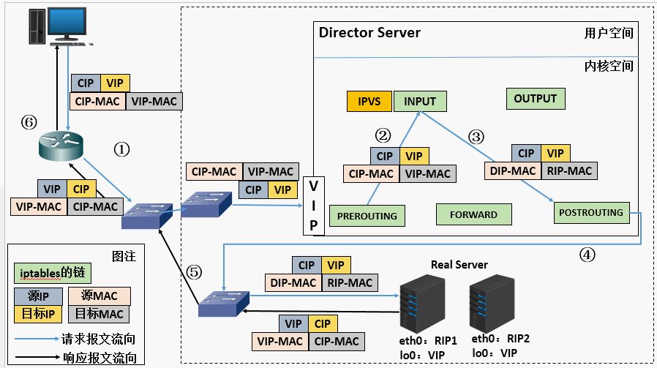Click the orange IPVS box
point(369,102)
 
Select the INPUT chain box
point(420,102)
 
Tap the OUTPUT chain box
point(536,99)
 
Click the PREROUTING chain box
point(367,216)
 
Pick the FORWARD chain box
point(474,214)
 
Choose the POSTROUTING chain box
point(591,212)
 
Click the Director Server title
point(369,33)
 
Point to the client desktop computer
point(60,26)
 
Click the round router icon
point(61,146)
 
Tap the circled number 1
point(122,149)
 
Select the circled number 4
point(587,255)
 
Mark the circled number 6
point(29,122)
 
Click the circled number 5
point(194,272)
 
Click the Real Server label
point(459,265)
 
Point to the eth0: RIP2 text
point(500,339)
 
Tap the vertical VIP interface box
point(313,206)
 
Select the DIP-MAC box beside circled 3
point(513,170)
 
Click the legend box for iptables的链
point(53,273)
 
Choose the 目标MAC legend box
point(99,314)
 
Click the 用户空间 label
point(609,33)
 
